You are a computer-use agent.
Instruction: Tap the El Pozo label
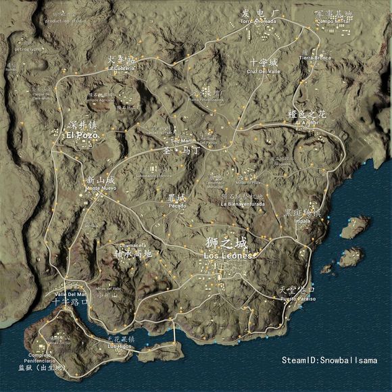tap(82, 135)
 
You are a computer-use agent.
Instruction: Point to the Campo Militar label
tap(334, 21)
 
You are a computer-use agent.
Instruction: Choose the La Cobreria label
tap(122, 68)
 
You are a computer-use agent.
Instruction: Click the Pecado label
tap(177, 205)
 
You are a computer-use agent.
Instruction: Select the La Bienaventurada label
tap(243, 203)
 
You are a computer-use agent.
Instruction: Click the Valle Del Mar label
tap(70, 294)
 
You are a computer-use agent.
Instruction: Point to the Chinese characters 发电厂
tap(260, 13)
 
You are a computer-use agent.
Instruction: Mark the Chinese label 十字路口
tap(70, 302)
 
